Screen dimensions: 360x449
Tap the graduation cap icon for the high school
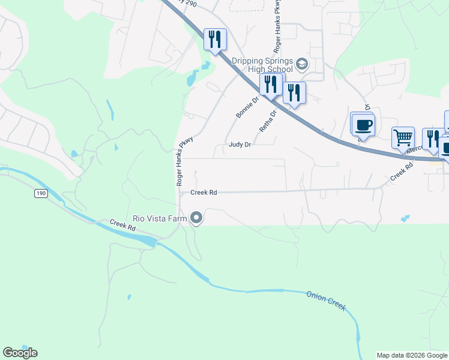coord(301,64)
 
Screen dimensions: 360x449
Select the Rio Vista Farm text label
coord(160,218)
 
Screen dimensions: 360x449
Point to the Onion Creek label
coord(326,300)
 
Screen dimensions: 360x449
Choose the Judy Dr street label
coord(240,145)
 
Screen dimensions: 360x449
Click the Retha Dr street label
coord(268,120)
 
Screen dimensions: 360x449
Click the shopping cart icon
coord(403,137)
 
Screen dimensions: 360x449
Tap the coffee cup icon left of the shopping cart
coord(363,125)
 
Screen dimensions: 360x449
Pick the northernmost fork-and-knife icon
coord(215,40)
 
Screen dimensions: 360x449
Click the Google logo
coord(20,353)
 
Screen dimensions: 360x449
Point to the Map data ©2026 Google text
coord(412,355)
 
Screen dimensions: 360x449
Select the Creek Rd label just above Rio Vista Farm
coord(203,193)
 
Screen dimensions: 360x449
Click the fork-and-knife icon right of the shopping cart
coord(432,139)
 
